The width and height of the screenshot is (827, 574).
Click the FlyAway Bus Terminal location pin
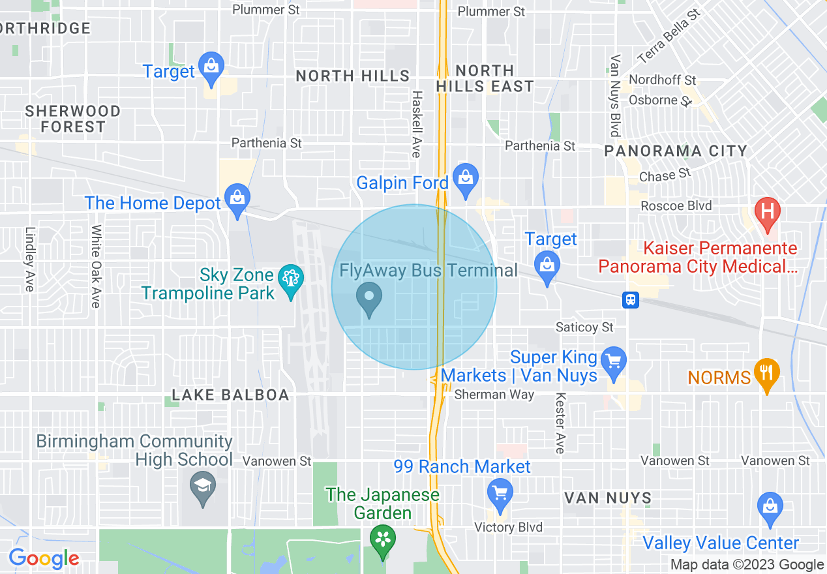[x=369, y=298]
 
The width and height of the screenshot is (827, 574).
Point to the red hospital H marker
[x=767, y=213]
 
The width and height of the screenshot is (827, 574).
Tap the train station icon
[x=631, y=299]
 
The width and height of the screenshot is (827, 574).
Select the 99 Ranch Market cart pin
[x=500, y=492]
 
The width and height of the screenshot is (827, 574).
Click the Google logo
[x=44, y=558]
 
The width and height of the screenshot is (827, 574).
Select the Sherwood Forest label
[x=72, y=119]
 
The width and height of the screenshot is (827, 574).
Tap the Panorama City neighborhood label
[x=675, y=151]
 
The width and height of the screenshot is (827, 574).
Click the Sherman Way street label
[x=494, y=395]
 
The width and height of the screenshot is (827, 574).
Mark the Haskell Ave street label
[x=416, y=124]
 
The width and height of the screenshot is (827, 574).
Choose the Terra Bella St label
[x=669, y=35]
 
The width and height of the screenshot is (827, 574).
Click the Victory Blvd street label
[x=508, y=527]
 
